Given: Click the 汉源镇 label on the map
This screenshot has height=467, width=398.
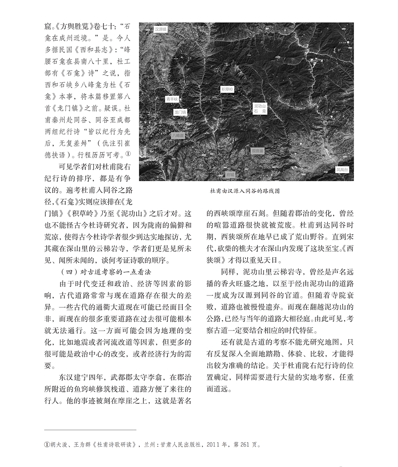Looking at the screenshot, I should point(161,29).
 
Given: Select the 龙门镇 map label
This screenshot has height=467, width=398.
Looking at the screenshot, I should point(180,113).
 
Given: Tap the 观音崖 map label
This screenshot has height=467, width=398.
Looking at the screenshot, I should point(258,151).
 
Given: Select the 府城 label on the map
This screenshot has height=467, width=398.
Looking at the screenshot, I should point(230,175).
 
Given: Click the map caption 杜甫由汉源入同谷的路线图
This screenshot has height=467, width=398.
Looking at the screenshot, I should point(245,191).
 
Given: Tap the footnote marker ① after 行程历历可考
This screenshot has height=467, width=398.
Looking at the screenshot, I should point(128,153).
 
